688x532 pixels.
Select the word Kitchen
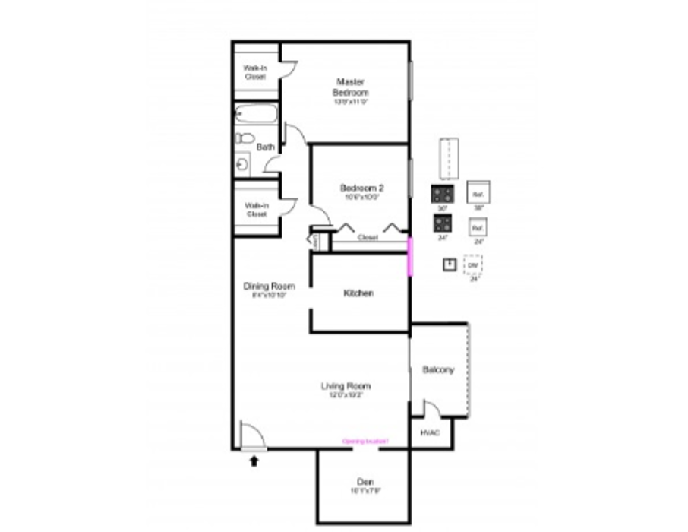pos(358,293)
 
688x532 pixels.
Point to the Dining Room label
pos(269,287)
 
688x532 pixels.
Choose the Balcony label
pos(437,370)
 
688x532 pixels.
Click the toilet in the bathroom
pos(244,138)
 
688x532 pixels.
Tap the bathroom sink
pos(242,163)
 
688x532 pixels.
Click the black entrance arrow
pos(254,460)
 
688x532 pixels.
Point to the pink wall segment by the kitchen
pos(410,256)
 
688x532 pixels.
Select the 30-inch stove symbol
pos(442,194)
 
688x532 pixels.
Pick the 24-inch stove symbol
pos(442,223)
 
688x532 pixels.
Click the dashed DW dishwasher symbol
pos(473,265)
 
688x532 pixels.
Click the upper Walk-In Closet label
pos(254,72)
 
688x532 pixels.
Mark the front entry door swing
pos(251,437)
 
